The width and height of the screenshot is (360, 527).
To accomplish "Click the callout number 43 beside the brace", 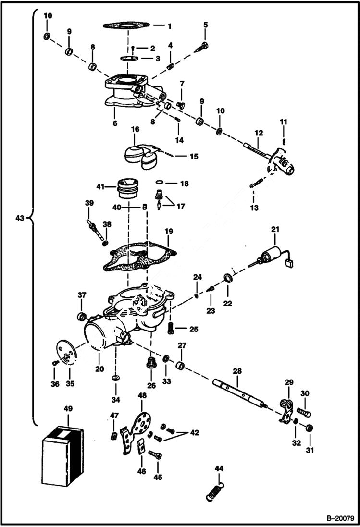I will click(x=19, y=218).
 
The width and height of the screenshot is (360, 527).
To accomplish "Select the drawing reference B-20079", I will click(x=340, y=519).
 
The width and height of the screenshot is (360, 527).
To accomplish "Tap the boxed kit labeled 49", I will click(x=62, y=454).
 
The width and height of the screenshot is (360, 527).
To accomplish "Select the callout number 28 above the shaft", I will click(x=237, y=371).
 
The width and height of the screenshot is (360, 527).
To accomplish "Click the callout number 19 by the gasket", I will click(x=168, y=232).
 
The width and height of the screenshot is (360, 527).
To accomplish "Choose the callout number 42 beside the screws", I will click(x=193, y=432).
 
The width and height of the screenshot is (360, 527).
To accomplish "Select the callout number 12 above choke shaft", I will click(x=259, y=132).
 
